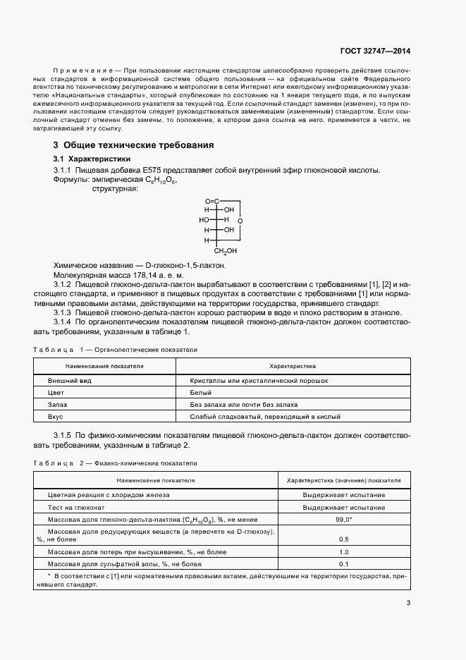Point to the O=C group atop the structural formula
tap(213, 200)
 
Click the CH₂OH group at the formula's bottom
tap(226, 250)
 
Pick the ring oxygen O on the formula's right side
tap(240, 221)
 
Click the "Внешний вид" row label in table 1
tap(66, 381)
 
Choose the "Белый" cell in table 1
tap(200, 393)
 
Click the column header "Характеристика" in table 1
tap(293, 367)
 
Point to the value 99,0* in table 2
tap(344, 519)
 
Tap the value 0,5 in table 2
tap(343, 539)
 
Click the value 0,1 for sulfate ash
tap(343, 564)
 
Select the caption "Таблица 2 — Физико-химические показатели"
tap(116, 463)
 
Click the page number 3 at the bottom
tap(408, 602)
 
